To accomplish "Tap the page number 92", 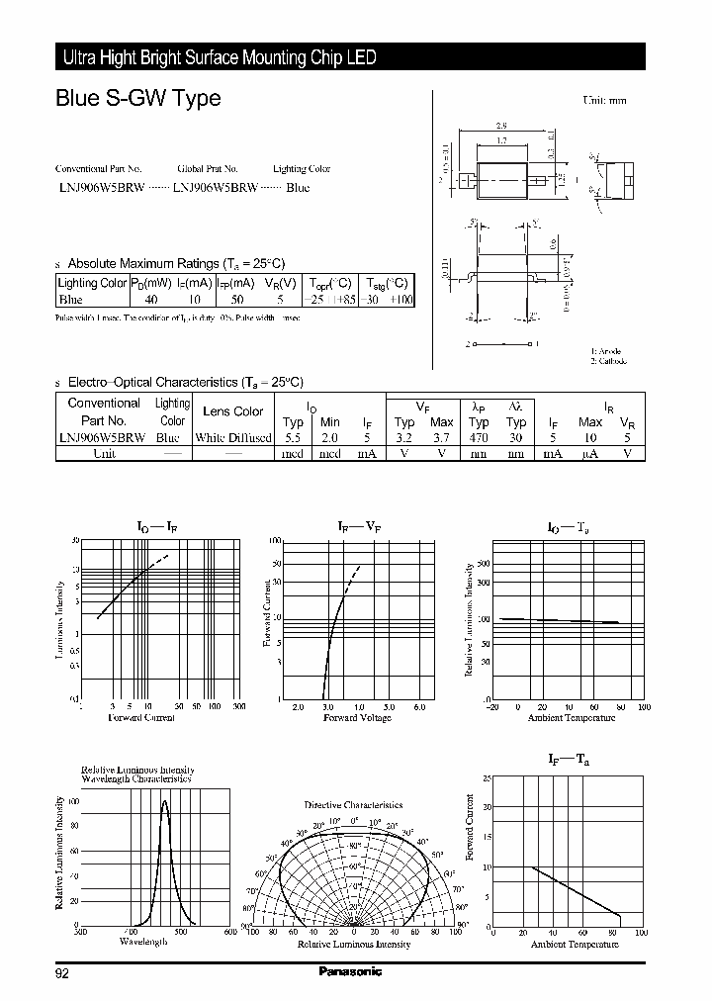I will pyautogui.click(x=62, y=973).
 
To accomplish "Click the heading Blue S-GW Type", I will pyautogui.click(x=137, y=99).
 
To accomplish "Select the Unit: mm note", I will pyautogui.click(x=604, y=101).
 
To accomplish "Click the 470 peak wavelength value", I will pyautogui.click(x=480, y=437).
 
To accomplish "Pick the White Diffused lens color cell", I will pyautogui.click(x=233, y=437).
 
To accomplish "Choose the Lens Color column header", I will pyautogui.click(x=233, y=411).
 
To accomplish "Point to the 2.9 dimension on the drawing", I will pyautogui.click(x=501, y=127).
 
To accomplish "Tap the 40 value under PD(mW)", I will pyautogui.click(x=151, y=299).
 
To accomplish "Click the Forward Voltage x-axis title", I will pyautogui.click(x=358, y=717).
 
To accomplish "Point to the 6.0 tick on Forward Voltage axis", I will pyautogui.click(x=418, y=707).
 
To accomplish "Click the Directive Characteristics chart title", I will pyautogui.click(x=353, y=805).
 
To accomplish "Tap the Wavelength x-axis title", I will pyautogui.click(x=143, y=942).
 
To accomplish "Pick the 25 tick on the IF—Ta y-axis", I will pyautogui.click(x=487, y=779).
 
